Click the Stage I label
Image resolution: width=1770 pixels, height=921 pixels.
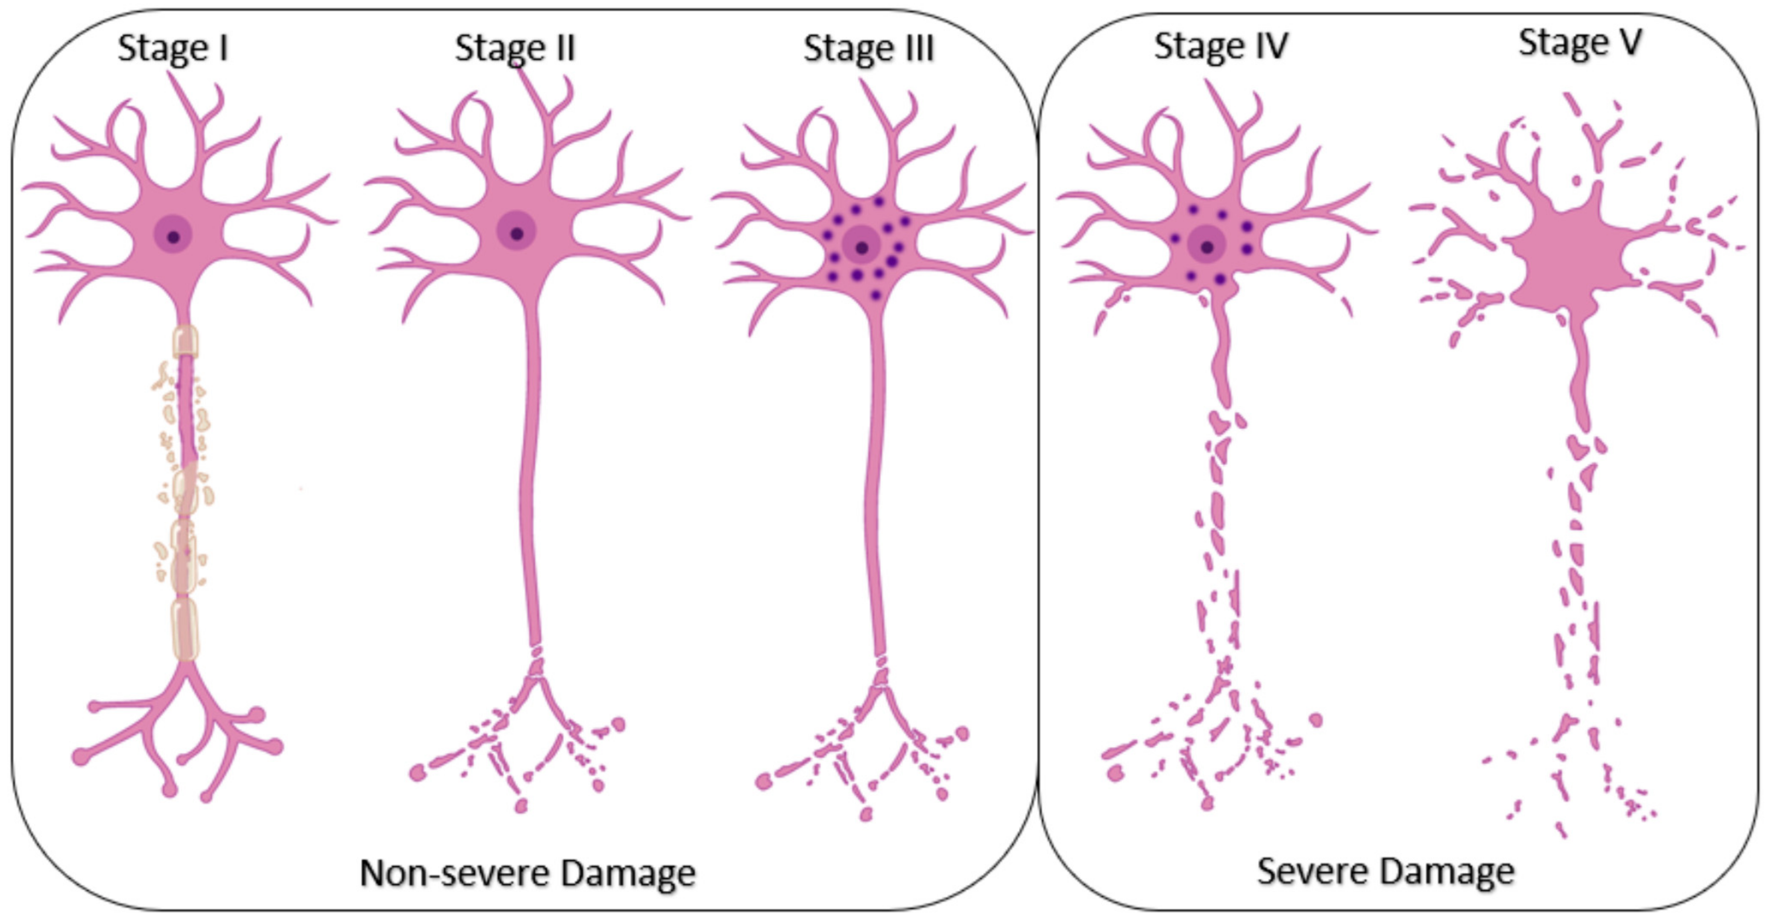(173, 48)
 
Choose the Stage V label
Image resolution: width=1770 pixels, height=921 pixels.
(1580, 43)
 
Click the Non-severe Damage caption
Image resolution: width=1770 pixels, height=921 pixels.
(527, 873)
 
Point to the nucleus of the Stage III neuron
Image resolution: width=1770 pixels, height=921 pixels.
(862, 247)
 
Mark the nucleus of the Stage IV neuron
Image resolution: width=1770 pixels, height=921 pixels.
(1207, 246)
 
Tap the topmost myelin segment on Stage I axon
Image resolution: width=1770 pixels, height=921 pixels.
(185, 342)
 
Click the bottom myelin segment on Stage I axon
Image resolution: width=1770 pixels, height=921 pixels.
(185, 629)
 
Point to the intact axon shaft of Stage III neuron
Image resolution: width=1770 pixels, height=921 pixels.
(874, 481)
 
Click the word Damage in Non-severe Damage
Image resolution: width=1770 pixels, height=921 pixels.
(628, 873)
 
